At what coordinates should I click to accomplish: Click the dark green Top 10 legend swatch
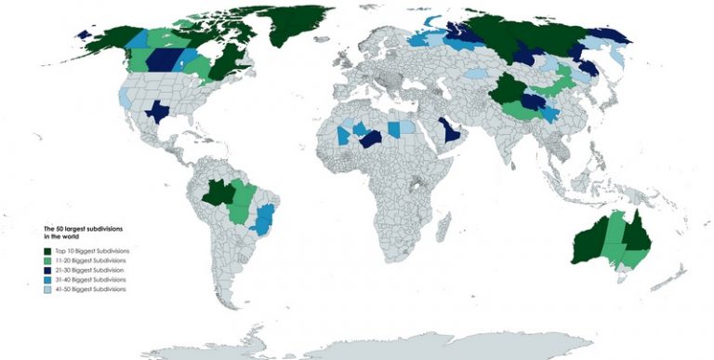[x=47, y=252]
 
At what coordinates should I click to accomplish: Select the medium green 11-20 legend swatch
[x=47, y=261]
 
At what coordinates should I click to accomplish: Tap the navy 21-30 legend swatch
[x=47, y=271]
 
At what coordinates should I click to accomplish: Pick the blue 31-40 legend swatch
[x=47, y=280]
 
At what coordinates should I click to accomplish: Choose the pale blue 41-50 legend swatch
[x=47, y=289]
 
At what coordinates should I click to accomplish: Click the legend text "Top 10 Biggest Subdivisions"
[x=92, y=252]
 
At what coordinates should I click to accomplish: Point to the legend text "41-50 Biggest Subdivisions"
[x=91, y=289]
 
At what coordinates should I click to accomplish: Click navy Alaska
[x=84, y=34]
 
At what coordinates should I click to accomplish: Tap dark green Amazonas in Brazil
[x=219, y=193]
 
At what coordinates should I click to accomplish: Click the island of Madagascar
[x=444, y=224]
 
